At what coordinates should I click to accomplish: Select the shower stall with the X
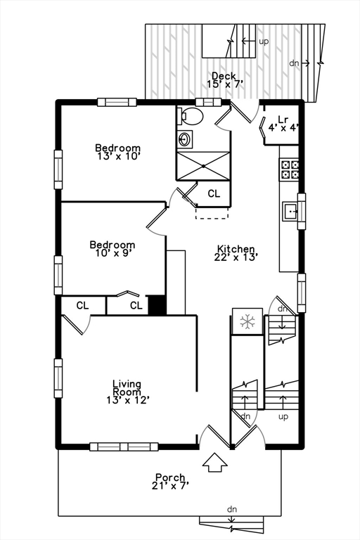click(x=203, y=166)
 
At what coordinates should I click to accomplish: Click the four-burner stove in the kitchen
click(x=290, y=169)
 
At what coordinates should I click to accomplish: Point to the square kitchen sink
click(x=290, y=212)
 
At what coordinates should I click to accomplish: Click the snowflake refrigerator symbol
click(x=247, y=321)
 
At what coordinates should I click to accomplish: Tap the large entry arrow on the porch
click(x=215, y=463)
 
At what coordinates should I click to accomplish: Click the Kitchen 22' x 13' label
click(x=236, y=253)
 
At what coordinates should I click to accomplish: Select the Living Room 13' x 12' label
click(x=127, y=392)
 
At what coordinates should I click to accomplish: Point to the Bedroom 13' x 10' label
click(x=118, y=152)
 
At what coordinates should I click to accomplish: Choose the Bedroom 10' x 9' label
click(x=112, y=249)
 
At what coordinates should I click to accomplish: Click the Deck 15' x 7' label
click(x=224, y=80)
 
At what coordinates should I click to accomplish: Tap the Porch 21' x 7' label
click(x=170, y=482)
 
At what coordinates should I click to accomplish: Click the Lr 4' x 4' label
click(x=283, y=124)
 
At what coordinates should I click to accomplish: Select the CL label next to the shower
click(x=214, y=194)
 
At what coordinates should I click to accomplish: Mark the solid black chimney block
click(x=157, y=304)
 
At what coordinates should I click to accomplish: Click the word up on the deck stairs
click(x=264, y=41)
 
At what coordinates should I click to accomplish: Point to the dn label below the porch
click(x=232, y=509)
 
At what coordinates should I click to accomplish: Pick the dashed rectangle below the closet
click(x=212, y=213)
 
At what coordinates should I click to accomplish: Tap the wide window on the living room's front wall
click(x=124, y=447)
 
